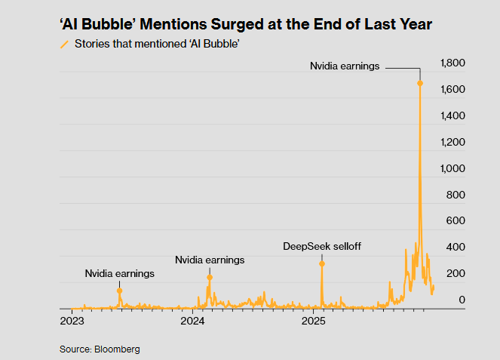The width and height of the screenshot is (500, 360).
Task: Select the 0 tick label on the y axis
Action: (462, 300)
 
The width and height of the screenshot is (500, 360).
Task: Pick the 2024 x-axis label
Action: (192, 321)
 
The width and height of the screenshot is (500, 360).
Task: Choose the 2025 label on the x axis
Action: (313, 321)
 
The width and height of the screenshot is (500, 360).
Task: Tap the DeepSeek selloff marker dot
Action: (322, 263)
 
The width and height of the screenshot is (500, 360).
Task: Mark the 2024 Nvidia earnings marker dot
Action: (210, 278)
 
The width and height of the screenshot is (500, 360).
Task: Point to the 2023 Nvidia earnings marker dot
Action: (119, 291)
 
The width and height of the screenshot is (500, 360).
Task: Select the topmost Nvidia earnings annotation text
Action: (345, 66)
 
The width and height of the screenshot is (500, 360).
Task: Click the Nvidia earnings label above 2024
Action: (210, 260)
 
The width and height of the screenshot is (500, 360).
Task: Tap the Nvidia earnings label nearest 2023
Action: (119, 273)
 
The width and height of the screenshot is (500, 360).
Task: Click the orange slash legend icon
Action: (64, 45)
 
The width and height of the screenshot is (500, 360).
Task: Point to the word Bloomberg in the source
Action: (117, 349)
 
